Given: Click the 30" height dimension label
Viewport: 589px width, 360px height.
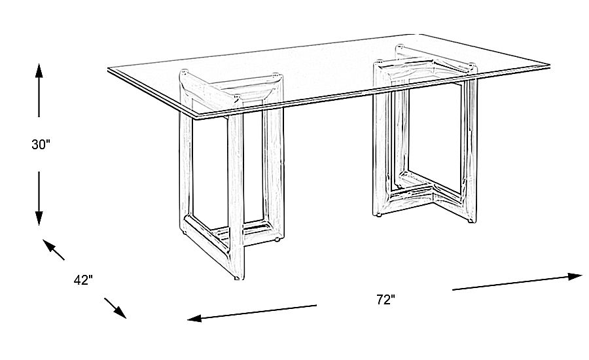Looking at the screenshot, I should (41, 145).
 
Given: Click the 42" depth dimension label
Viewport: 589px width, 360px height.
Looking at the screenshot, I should (83, 280).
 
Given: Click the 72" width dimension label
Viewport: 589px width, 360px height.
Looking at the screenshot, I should (386, 300).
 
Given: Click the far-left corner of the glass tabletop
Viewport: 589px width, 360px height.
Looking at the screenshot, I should (109, 69).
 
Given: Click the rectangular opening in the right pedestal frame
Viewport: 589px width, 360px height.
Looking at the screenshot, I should (429, 137).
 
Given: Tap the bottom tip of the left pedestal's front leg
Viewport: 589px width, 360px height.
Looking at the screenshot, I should (239, 278).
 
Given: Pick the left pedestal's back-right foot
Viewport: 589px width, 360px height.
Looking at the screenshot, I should (278, 240).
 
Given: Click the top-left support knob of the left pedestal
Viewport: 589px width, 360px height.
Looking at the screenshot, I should (185, 73).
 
